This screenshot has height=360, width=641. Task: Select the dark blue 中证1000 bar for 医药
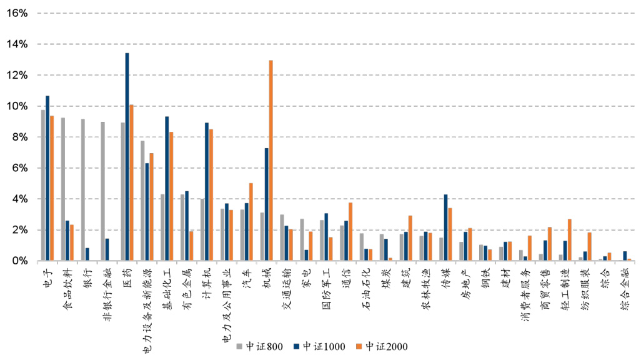127,157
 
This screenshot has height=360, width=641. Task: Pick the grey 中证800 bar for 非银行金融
102,191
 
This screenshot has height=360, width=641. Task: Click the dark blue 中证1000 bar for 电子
47,178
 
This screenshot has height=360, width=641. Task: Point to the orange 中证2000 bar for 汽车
251,222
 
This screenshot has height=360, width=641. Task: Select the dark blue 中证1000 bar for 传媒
445,227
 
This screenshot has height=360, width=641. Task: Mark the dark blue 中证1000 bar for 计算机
207,191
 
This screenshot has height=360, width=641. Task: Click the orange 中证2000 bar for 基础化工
172,196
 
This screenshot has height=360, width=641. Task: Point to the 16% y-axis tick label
16,13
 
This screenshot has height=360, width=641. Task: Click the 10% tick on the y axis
16,106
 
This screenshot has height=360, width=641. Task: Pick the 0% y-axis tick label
19,261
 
